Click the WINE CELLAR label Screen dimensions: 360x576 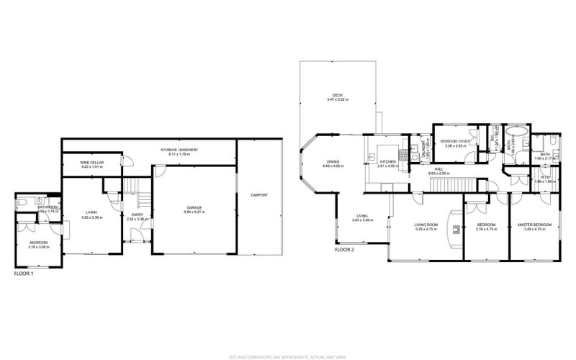click(92, 163)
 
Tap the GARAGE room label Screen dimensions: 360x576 click(193, 207)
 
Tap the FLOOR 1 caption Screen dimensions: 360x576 click(24, 274)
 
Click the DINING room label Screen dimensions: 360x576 click(333, 161)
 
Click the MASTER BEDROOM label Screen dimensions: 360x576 click(534, 225)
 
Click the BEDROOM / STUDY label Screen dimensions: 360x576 click(456, 141)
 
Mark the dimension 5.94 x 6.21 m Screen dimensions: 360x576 click(193, 213)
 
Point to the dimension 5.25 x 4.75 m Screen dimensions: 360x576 click(426, 230)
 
